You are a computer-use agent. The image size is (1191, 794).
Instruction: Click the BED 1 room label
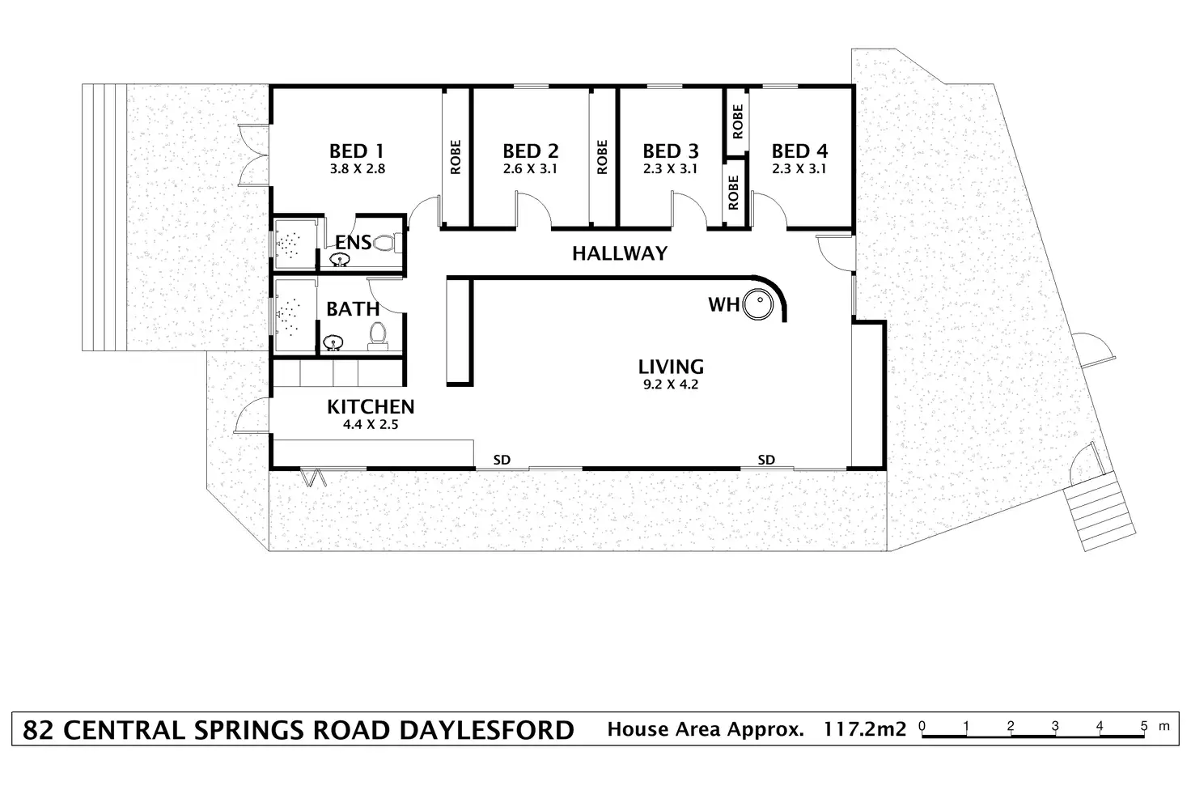(356, 151)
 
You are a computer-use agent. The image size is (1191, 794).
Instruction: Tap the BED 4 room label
(799, 151)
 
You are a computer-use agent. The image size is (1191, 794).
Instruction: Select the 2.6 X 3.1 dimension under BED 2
(530, 169)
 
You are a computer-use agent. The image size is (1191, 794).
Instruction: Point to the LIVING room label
(670, 367)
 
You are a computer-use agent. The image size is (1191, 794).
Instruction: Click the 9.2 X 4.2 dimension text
(670, 384)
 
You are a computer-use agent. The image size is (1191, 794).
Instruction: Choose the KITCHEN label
(371, 406)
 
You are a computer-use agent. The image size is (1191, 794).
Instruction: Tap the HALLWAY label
(620, 253)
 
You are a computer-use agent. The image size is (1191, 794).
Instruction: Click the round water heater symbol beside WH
(759, 305)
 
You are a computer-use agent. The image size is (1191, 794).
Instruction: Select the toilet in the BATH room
(377, 334)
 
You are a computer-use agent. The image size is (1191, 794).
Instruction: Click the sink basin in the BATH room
(332, 344)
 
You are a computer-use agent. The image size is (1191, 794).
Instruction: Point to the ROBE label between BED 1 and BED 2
(456, 158)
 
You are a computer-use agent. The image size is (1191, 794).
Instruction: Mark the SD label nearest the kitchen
(502, 460)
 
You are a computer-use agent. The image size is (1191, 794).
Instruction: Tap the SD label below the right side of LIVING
(766, 460)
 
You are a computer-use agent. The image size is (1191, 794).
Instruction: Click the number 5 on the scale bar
(1143, 725)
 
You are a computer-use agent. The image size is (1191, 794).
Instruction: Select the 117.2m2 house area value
(865, 729)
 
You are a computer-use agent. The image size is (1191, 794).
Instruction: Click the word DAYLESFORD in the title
(486, 729)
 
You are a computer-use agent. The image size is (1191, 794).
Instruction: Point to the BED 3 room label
(670, 151)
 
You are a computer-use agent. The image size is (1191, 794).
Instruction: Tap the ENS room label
(354, 241)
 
